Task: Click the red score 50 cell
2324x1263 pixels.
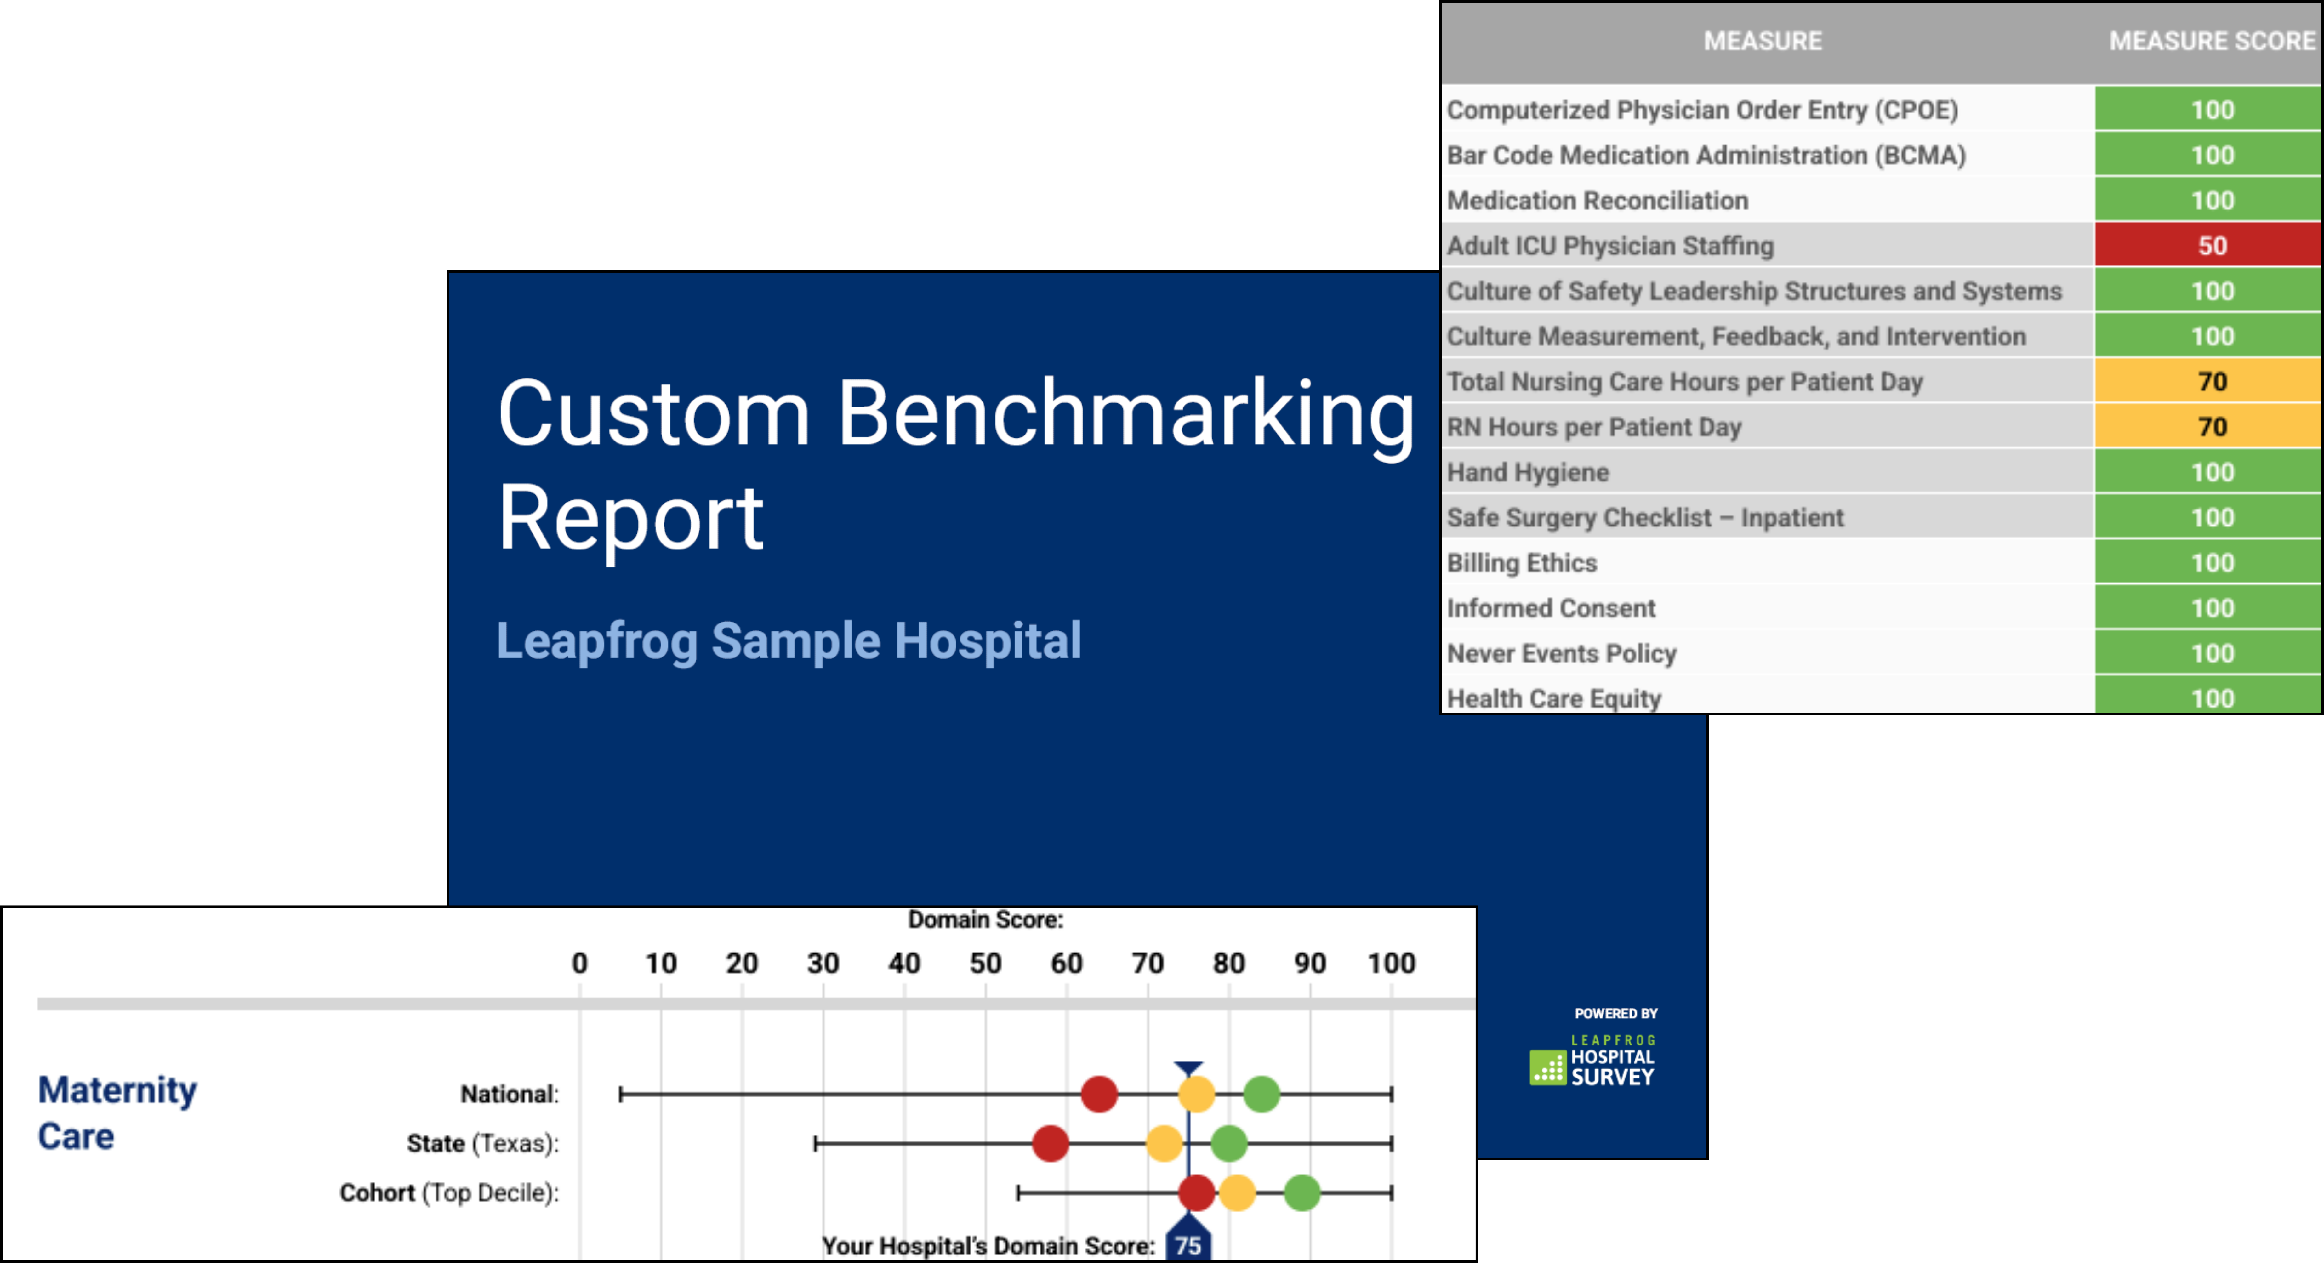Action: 2207,245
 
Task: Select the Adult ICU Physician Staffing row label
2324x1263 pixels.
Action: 1610,245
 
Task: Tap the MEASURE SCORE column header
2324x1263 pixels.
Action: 2211,41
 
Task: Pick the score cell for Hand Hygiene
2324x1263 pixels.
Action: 2207,472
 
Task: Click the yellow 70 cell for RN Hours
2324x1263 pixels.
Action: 2207,427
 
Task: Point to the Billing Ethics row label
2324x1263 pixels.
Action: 1522,563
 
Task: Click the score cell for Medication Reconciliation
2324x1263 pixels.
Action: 2207,200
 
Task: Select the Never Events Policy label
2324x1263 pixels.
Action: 1562,653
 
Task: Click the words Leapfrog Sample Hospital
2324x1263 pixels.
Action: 789,641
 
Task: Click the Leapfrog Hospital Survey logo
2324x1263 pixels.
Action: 1592,1060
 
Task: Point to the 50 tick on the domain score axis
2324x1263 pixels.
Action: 985,964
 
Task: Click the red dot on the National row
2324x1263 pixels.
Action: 1099,1094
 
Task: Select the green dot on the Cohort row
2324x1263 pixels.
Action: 1302,1193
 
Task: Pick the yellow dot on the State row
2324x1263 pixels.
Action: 1164,1143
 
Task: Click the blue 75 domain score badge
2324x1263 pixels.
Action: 1188,1242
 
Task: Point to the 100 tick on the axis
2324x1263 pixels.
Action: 1391,964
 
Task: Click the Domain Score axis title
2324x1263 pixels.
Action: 985,919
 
